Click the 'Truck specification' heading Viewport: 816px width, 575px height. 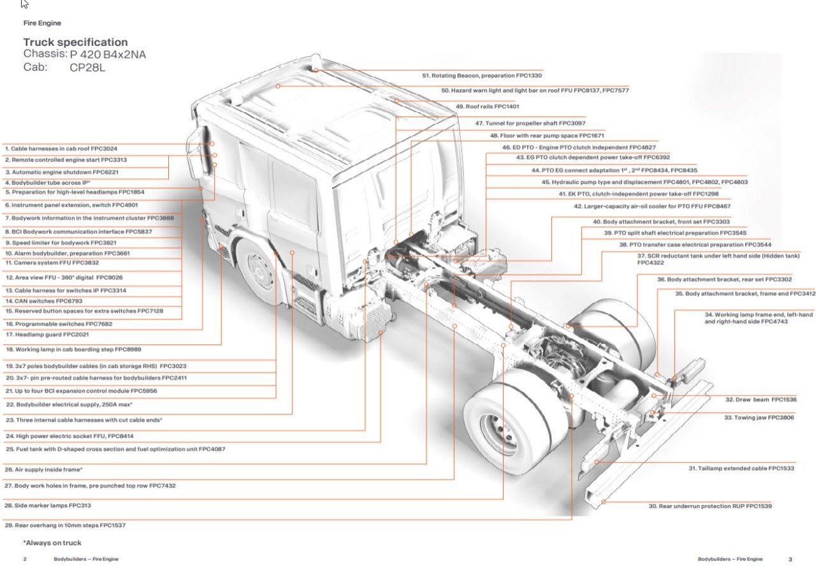(x=75, y=43)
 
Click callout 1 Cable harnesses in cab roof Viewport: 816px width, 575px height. (x=61, y=149)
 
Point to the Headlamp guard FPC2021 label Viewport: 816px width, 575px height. (x=47, y=334)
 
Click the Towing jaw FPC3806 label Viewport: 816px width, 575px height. (x=759, y=418)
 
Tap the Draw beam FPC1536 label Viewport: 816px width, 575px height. (x=761, y=400)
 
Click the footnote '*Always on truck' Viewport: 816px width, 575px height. (x=52, y=543)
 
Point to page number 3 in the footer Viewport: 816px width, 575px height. (x=790, y=559)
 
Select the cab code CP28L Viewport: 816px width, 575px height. (x=87, y=68)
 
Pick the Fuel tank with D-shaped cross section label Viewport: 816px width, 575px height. (x=115, y=449)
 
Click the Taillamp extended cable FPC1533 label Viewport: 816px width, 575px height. (x=741, y=469)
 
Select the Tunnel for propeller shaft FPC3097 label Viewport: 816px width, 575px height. (x=530, y=123)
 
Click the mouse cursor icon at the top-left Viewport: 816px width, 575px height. (x=24, y=4)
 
